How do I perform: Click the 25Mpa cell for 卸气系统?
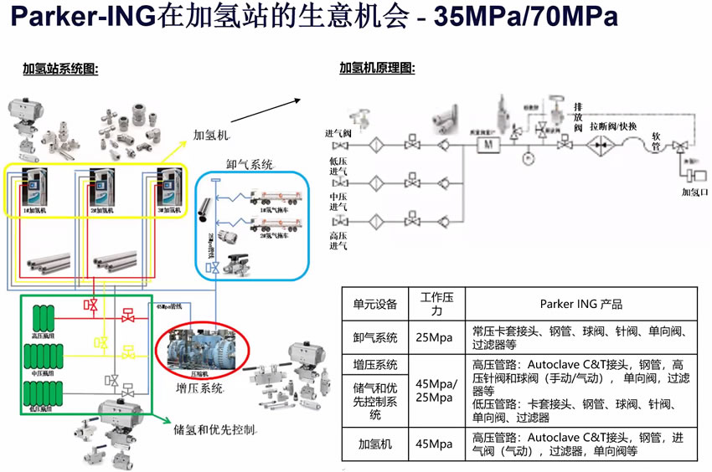436,337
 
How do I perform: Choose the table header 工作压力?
436,304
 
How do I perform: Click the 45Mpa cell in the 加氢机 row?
436,444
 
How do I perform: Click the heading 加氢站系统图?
60,69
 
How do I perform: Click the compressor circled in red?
200,349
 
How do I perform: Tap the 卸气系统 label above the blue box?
249,165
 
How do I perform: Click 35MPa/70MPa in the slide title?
526,18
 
